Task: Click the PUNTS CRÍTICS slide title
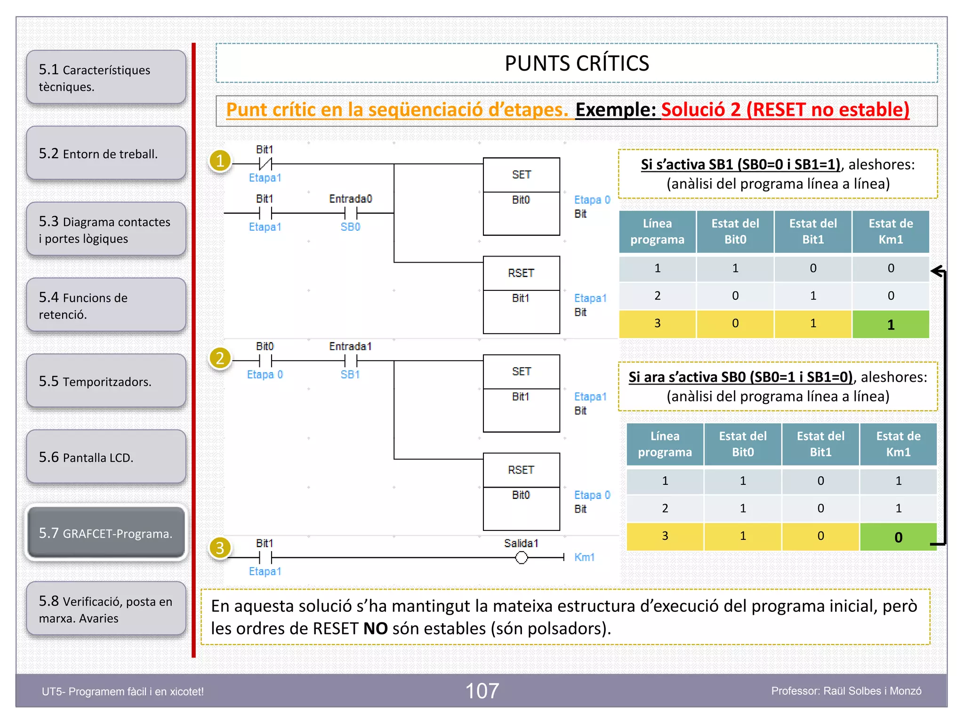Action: [577, 63]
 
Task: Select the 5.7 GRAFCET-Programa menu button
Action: [106, 533]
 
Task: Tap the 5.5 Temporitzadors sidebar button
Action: [106, 381]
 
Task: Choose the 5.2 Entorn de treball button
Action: [106, 153]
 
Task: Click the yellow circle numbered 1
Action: [220, 161]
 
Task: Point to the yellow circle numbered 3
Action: [220, 548]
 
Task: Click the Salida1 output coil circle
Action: [521, 558]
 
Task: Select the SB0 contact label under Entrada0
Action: [350, 227]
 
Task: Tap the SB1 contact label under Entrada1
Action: [350, 375]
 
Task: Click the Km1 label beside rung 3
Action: [584, 557]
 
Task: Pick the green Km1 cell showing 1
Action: [891, 324]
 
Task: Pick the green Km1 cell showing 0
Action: [898, 537]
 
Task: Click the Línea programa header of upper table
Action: [657, 232]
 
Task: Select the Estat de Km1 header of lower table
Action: [898, 444]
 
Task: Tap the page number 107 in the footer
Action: [482, 691]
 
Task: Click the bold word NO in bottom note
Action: [375, 628]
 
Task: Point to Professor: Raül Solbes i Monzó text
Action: [846, 691]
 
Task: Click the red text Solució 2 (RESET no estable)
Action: [785, 110]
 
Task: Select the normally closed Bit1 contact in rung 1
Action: [265, 164]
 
